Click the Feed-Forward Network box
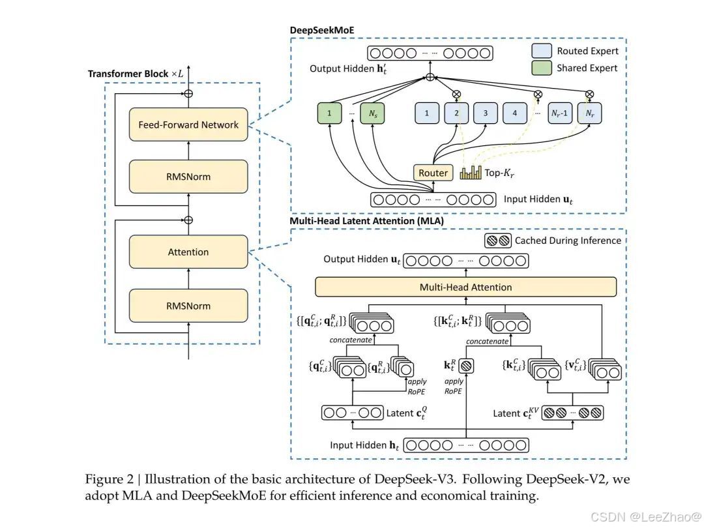point(188,125)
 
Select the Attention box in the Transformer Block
point(188,252)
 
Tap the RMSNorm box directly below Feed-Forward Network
point(188,177)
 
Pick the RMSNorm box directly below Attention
point(188,306)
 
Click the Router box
point(433,173)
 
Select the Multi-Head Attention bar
point(465,287)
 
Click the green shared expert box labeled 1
point(330,113)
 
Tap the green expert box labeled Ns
point(373,113)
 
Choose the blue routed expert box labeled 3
point(486,113)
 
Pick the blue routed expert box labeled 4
point(514,113)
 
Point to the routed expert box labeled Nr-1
point(560,113)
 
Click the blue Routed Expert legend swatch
point(542,51)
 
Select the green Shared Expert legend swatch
point(542,68)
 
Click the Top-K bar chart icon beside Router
point(471,172)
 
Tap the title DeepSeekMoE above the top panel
point(322,30)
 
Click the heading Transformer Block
point(128,74)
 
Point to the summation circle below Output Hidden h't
point(430,77)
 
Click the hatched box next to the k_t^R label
point(466,366)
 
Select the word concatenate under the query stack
point(351,340)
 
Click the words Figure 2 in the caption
point(110,480)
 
